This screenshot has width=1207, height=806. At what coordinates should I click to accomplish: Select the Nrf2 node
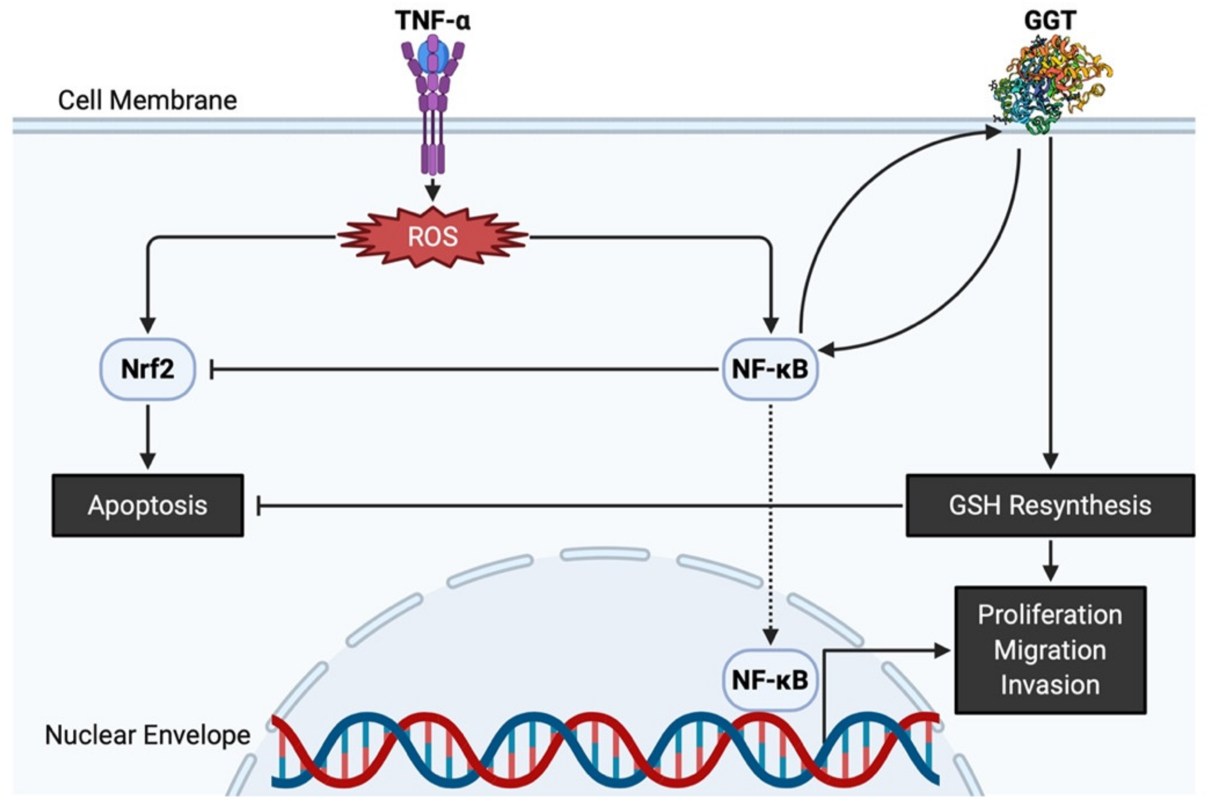147,369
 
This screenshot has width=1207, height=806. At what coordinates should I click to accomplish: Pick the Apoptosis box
147,506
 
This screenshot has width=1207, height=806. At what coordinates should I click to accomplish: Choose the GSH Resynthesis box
1050,506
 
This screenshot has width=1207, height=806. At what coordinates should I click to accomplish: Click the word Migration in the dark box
1050,650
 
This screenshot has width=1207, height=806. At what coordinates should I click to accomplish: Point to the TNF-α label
433,21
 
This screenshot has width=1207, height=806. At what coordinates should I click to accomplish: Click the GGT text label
1050,21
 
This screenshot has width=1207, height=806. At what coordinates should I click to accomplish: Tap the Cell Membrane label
147,100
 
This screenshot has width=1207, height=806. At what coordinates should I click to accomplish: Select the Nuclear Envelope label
147,735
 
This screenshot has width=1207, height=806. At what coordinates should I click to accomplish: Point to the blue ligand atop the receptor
433,54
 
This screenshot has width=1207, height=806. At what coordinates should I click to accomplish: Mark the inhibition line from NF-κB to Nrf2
462,369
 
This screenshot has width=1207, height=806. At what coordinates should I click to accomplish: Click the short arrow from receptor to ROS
433,189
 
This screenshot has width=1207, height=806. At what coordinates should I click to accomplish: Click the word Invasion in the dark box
1050,685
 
